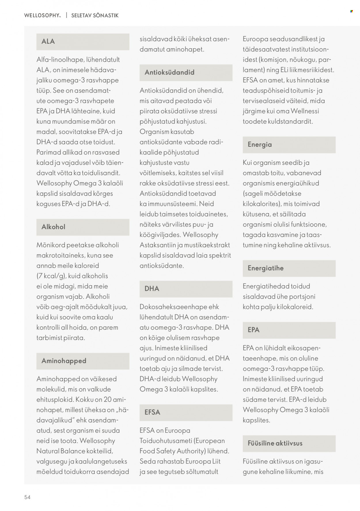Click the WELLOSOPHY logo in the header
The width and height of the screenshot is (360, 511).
[42, 16]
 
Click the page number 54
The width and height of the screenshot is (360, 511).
[27, 497]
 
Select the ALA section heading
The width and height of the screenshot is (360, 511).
[48, 42]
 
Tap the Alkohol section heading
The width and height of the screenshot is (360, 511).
[53, 227]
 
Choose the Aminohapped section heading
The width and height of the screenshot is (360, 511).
[64, 361]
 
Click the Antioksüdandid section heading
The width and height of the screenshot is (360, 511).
[169, 72]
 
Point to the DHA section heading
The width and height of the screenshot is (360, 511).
[152, 289]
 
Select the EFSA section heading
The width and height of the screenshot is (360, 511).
[152, 412]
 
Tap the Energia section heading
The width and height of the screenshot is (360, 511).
[259, 145]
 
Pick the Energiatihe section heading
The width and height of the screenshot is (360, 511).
[266, 268]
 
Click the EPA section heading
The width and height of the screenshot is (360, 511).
[253, 330]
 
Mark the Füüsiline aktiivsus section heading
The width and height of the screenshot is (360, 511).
[275, 443]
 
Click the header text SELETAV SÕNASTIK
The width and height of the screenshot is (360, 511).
[95, 16]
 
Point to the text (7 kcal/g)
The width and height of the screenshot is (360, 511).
[51, 276]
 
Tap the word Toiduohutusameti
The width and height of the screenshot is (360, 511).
[166, 441]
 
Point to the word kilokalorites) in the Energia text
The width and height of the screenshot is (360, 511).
[262, 204]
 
